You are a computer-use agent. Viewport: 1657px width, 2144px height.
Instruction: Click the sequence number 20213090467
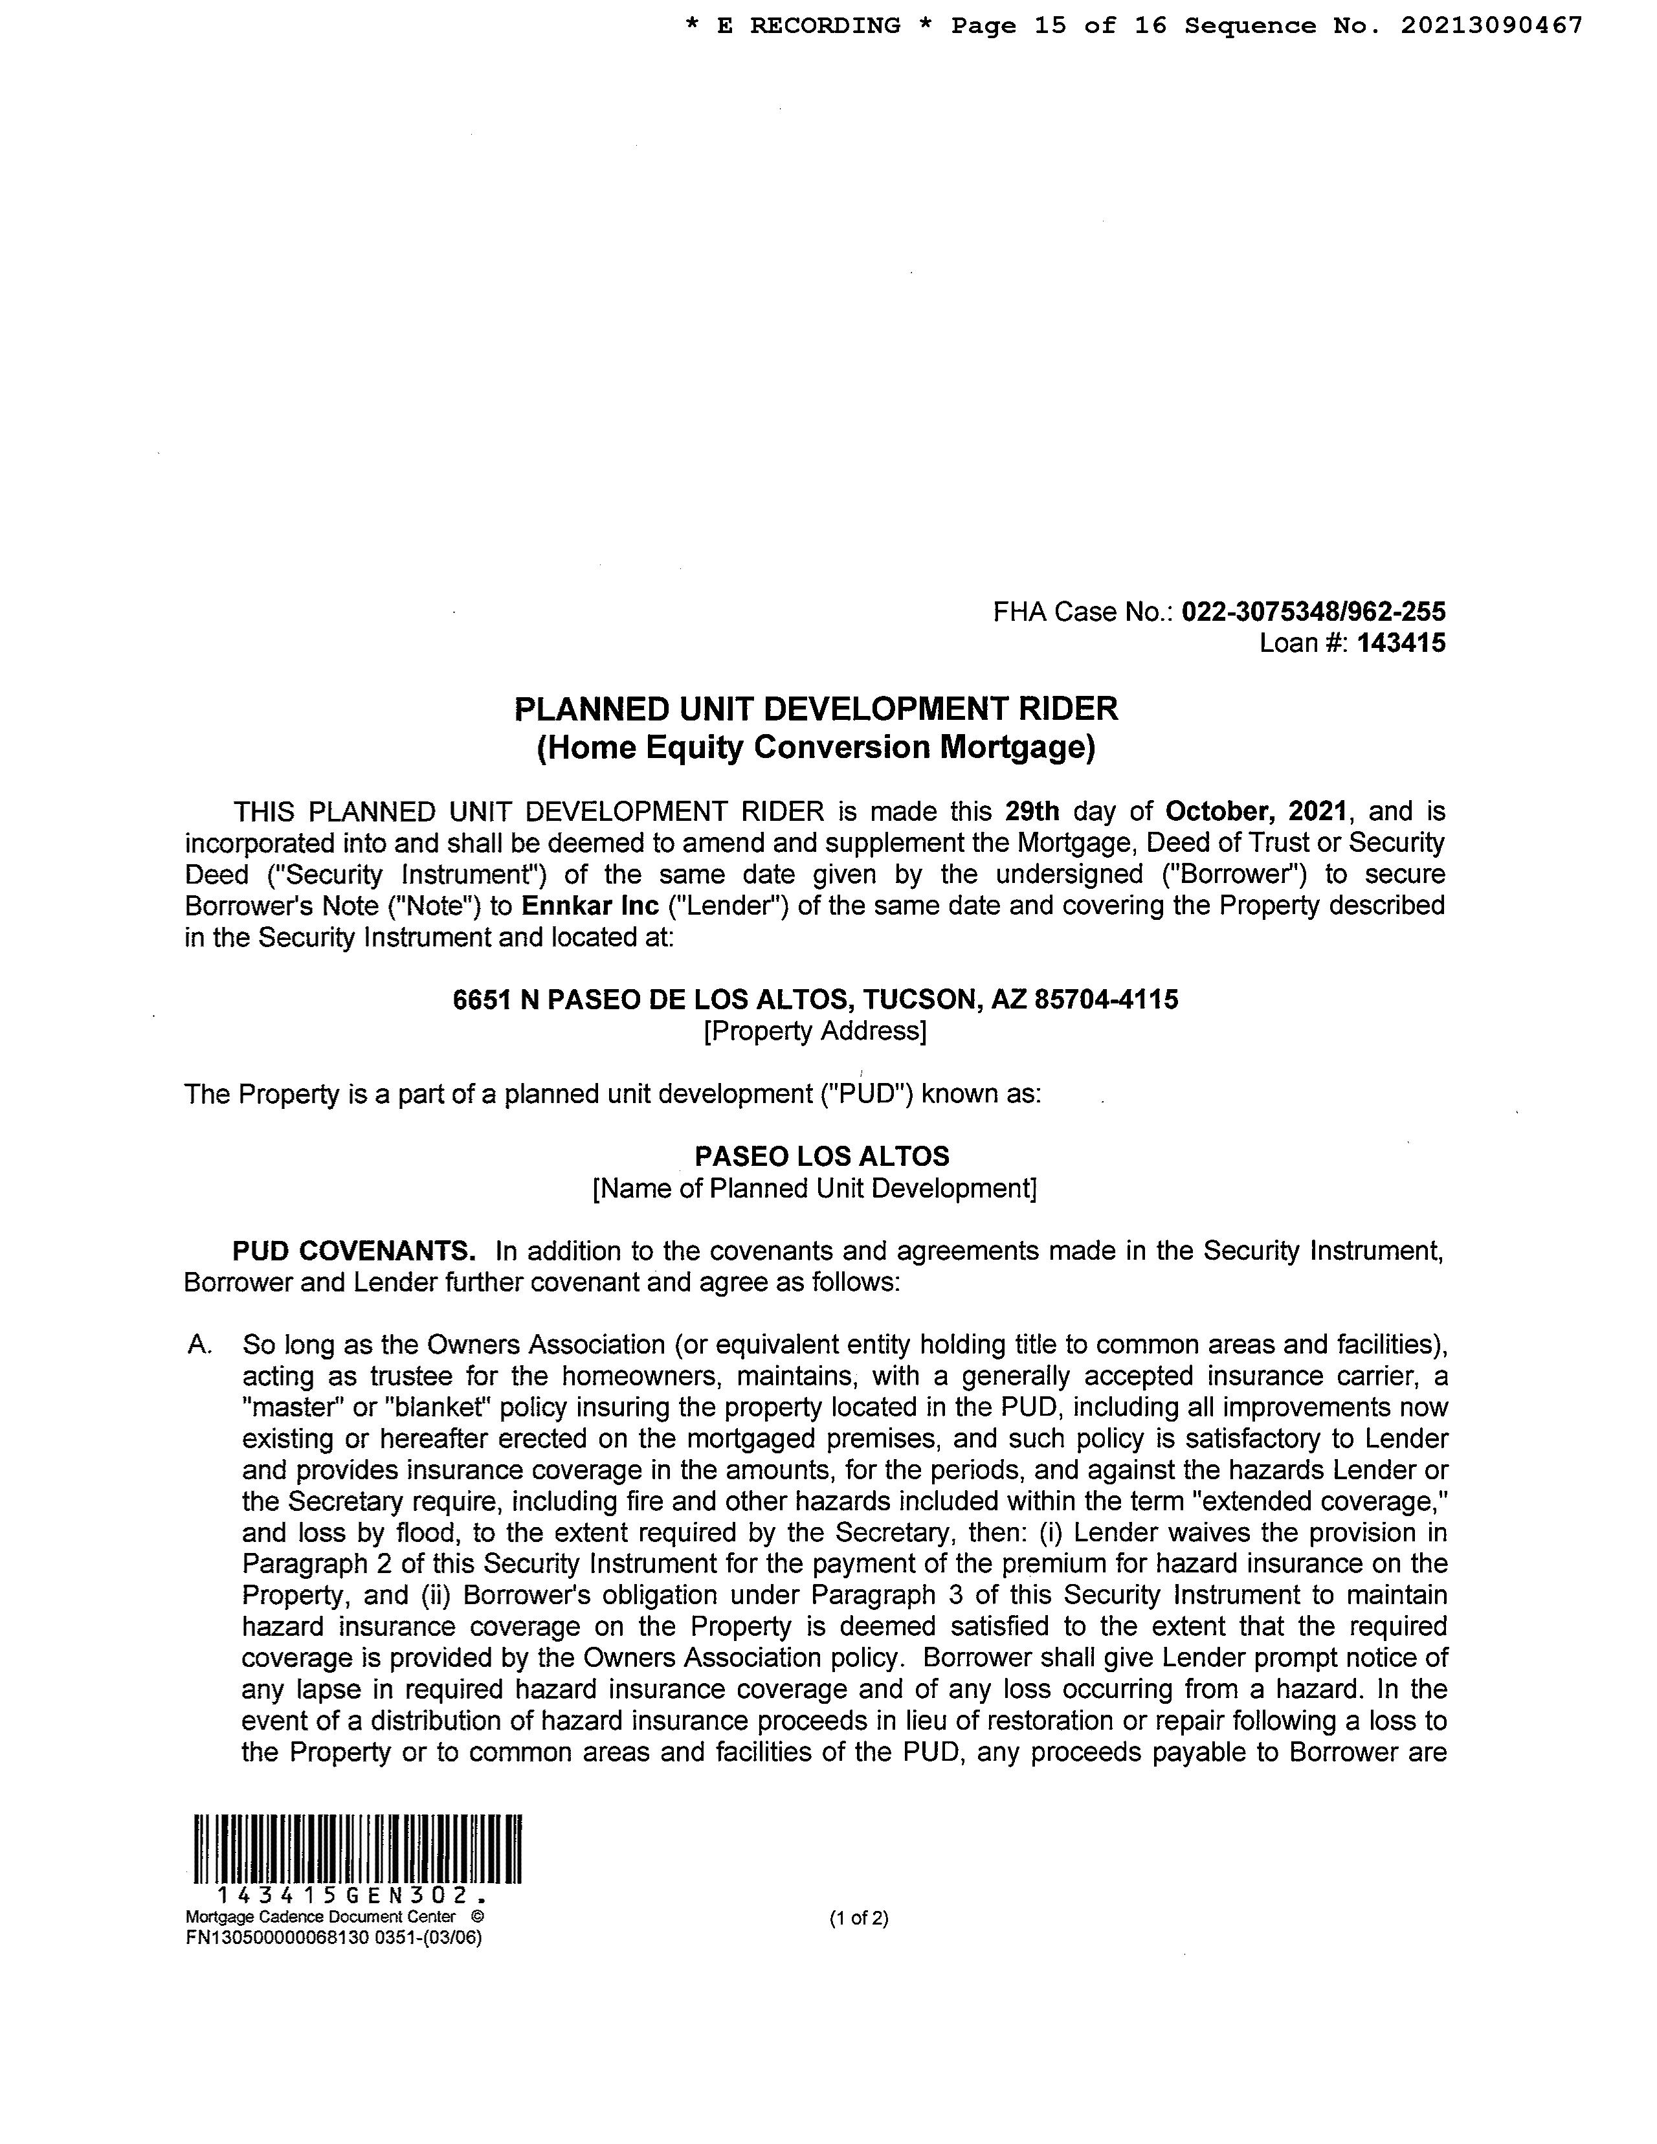point(1491,25)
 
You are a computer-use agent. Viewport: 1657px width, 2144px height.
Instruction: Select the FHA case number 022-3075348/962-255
point(1313,612)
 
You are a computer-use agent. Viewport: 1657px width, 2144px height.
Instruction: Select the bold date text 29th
point(1032,811)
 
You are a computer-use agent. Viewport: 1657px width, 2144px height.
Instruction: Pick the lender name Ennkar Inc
point(590,905)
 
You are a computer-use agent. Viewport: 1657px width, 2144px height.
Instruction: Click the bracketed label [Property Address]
point(815,1031)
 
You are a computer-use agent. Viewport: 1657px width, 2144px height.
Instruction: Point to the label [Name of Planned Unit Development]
point(815,1188)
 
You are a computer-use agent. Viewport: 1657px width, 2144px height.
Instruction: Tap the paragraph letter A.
point(198,1345)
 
